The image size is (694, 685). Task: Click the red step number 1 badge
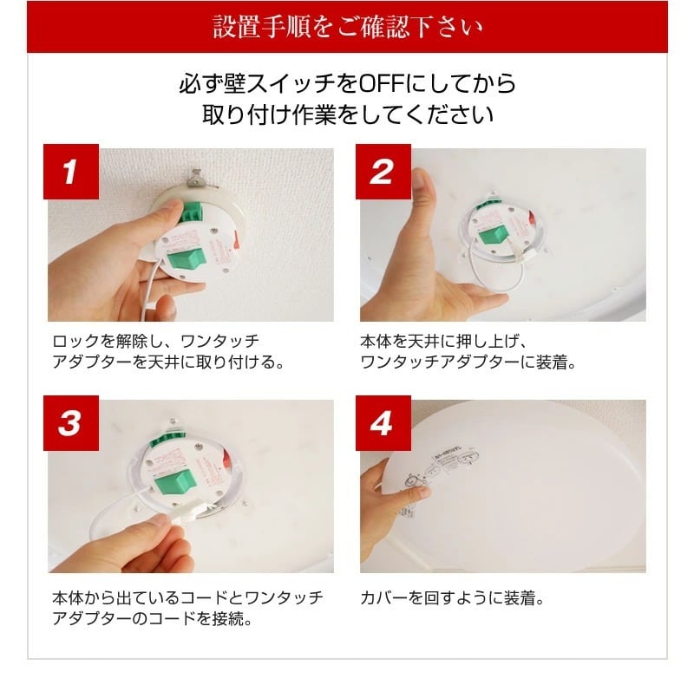[70, 172]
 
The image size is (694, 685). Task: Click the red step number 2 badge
[383, 172]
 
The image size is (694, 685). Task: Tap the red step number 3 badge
[70, 422]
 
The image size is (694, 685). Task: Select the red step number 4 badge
[383, 422]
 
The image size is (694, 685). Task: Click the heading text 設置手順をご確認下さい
[347, 27]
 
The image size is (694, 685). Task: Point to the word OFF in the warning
[383, 84]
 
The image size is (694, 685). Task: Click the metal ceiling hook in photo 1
[199, 178]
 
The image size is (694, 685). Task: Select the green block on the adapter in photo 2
[494, 234]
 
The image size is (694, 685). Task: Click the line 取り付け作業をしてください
[347, 115]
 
